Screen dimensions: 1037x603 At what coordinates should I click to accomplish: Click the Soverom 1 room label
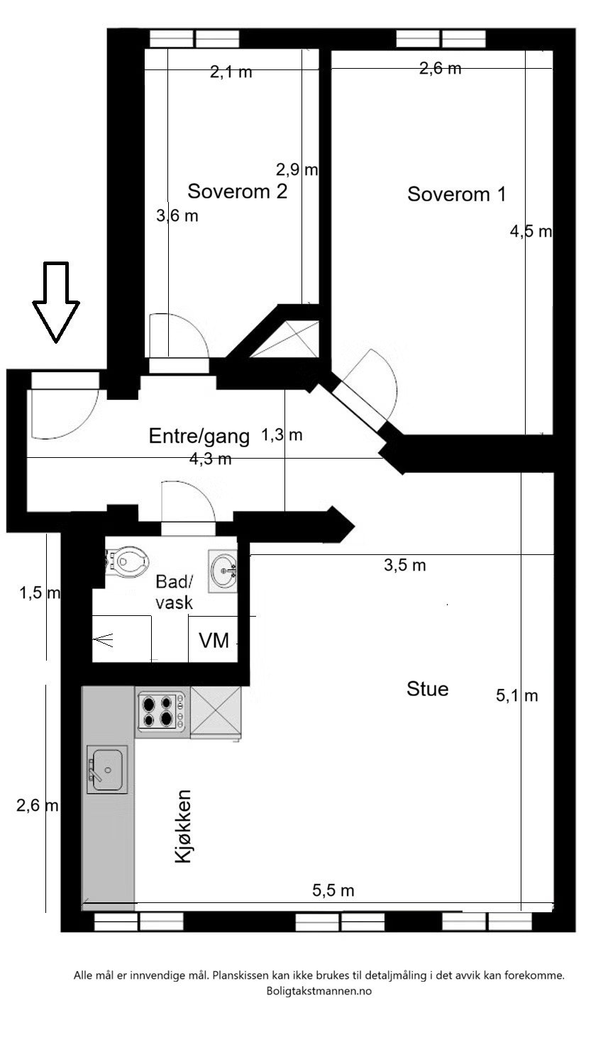456,194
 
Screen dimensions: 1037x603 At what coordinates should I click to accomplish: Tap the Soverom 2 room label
237,191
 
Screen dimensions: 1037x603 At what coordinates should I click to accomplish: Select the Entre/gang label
199,436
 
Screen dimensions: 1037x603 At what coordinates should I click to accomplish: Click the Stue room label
427,688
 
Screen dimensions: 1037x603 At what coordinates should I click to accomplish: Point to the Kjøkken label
183,826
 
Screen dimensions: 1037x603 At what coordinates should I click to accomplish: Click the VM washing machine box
213,641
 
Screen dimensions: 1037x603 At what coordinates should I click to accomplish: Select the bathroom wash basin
225,569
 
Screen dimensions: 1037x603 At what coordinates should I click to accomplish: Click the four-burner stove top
157,712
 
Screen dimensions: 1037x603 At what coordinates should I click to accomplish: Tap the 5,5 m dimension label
333,890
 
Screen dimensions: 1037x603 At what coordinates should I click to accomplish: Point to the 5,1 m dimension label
516,696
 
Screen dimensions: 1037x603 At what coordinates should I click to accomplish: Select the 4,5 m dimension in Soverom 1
531,231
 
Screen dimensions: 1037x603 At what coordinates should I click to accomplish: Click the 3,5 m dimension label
404,565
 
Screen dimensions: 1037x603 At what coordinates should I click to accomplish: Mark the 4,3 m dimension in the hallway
210,459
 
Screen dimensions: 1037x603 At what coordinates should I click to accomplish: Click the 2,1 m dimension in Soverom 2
231,72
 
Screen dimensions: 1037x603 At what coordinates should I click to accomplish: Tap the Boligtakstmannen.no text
319,992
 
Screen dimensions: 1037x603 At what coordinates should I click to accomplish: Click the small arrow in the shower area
104,641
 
